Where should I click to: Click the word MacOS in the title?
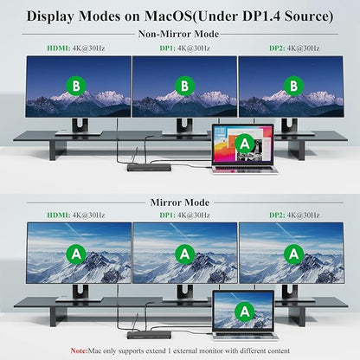(168, 16)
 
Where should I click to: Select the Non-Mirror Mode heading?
(178, 34)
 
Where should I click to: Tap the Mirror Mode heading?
(180, 202)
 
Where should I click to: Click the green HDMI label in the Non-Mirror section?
(59, 48)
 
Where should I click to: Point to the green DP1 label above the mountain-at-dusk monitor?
(167, 48)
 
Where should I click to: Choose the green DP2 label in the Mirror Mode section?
(277, 215)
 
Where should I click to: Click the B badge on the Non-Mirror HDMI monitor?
(76, 86)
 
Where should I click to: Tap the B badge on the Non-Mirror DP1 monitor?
(184, 86)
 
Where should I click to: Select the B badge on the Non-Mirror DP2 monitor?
(293, 86)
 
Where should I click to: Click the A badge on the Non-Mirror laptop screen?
(245, 144)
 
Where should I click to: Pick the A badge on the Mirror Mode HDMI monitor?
(76, 254)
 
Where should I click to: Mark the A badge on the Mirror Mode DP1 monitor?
(184, 254)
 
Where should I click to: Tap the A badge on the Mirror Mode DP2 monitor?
(293, 254)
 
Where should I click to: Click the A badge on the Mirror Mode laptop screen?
(245, 312)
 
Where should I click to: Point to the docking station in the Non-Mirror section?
(149, 168)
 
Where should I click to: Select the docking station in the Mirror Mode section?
(149, 335)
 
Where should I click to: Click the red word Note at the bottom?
(79, 350)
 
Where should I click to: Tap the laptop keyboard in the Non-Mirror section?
(245, 170)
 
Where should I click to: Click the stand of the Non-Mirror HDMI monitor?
(80, 127)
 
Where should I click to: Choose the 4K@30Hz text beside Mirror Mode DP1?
(194, 215)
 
